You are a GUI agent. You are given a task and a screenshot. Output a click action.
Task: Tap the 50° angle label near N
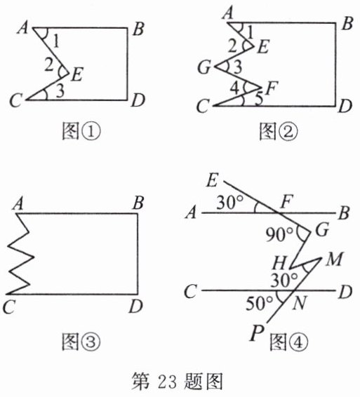(x=260, y=303)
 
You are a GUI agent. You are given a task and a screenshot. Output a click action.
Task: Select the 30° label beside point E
(x=229, y=202)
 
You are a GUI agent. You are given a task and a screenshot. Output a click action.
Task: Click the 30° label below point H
(x=284, y=280)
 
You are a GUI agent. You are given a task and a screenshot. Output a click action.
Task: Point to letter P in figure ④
(x=257, y=333)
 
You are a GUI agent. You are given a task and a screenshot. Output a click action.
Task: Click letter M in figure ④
(x=334, y=259)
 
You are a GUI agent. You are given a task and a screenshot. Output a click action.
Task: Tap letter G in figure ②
(x=204, y=67)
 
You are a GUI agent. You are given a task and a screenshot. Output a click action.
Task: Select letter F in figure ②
(x=272, y=88)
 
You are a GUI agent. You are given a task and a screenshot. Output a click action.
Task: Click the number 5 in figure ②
(x=259, y=100)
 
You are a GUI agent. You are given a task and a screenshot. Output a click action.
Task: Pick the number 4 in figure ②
(x=235, y=88)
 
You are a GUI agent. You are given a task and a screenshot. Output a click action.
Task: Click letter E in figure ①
(x=76, y=74)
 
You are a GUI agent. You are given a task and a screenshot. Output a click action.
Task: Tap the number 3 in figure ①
(x=60, y=91)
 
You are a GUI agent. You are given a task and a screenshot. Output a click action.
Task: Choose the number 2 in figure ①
(x=48, y=65)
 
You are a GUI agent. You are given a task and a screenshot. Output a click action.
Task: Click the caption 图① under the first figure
(x=81, y=131)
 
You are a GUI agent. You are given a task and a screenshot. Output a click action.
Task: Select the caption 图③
(x=81, y=342)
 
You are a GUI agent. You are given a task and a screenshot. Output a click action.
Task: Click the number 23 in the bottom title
(x=167, y=382)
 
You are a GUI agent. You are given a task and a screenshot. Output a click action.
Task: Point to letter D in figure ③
(x=136, y=307)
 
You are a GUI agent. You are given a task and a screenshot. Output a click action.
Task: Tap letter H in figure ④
(x=279, y=263)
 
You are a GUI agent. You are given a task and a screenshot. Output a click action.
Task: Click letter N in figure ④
(x=299, y=303)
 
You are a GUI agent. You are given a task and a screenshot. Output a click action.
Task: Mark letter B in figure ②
(x=347, y=24)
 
